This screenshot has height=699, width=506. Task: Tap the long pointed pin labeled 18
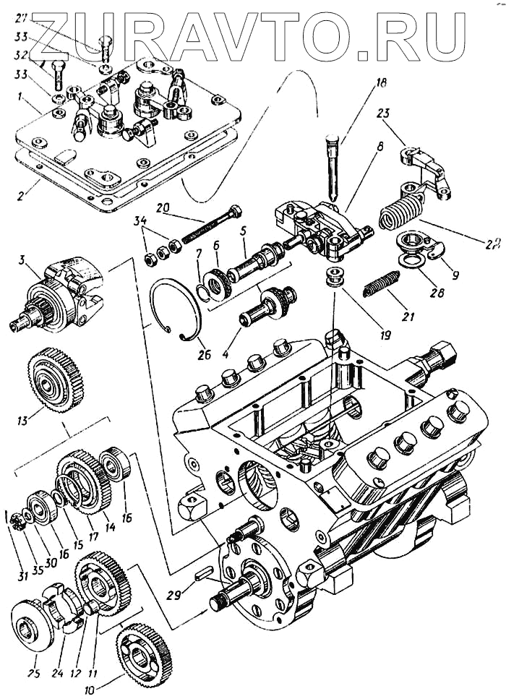[330, 166]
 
